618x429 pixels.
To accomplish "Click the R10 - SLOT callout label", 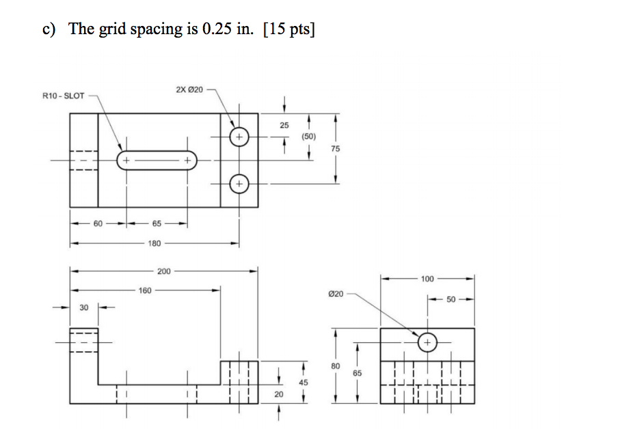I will click(63, 96).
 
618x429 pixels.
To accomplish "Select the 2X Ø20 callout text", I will click(189, 90).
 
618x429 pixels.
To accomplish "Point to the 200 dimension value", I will click(164, 272).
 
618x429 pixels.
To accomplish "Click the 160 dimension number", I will click(145, 290).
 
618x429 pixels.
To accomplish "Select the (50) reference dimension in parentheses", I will click(309, 137).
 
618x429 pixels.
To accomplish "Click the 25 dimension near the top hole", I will click(284, 125).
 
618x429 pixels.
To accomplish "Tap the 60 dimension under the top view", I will click(98, 223).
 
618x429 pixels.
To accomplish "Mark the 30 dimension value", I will click(84, 308).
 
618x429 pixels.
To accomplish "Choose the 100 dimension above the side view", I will click(427, 279).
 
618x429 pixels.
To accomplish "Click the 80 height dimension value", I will click(334, 367).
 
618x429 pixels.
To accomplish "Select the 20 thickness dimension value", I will click(278, 394).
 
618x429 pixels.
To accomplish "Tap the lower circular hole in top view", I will click(239, 184).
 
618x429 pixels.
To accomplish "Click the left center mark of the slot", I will click(126, 161).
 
